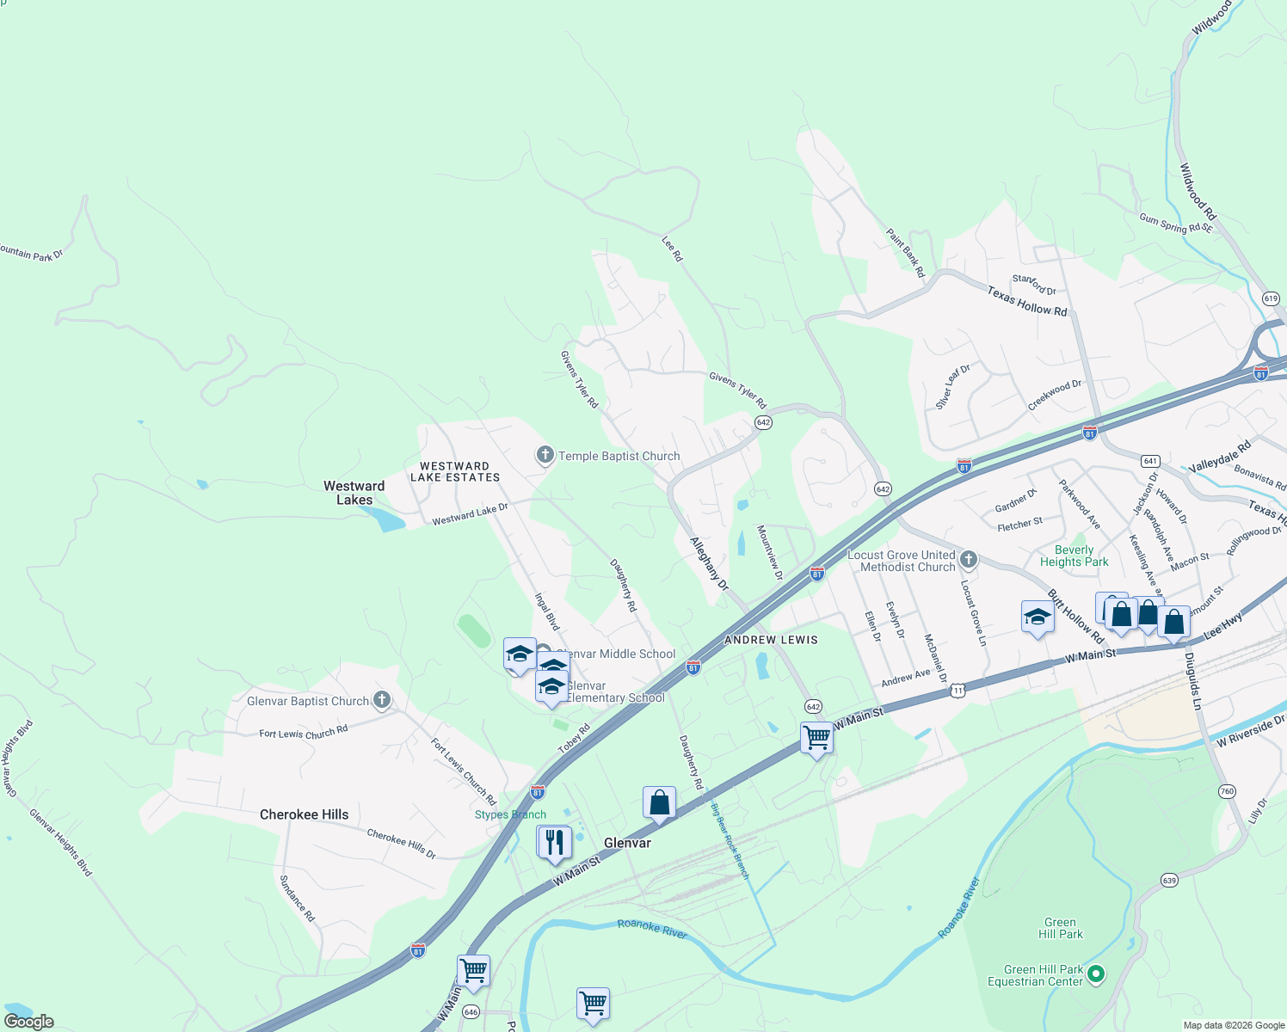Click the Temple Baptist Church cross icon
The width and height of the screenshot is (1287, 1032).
(x=545, y=455)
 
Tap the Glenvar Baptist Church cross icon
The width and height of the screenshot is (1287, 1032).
(x=382, y=700)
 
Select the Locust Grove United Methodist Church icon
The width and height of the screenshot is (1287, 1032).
(x=969, y=561)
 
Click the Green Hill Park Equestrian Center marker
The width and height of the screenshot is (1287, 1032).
(x=1095, y=974)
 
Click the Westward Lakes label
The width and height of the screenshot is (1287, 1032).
(x=354, y=493)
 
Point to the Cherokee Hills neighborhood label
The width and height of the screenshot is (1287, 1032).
(x=305, y=814)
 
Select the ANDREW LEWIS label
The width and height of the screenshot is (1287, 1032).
(x=771, y=640)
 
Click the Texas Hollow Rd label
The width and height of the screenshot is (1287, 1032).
(x=1026, y=301)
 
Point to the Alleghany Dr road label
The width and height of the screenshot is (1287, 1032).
(x=709, y=564)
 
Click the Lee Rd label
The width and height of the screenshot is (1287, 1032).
(x=672, y=249)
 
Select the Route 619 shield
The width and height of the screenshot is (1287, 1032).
(x=1272, y=298)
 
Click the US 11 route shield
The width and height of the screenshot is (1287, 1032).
(x=959, y=690)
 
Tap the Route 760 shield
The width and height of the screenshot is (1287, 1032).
(x=1227, y=791)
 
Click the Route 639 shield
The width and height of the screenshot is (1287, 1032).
(x=1169, y=880)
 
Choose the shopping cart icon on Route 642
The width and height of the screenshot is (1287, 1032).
(x=816, y=738)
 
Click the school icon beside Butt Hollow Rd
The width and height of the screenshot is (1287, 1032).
(x=1038, y=617)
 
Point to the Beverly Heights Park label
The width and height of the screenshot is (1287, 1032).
(x=1074, y=556)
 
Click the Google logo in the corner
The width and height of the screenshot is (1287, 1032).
(x=29, y=1021)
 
